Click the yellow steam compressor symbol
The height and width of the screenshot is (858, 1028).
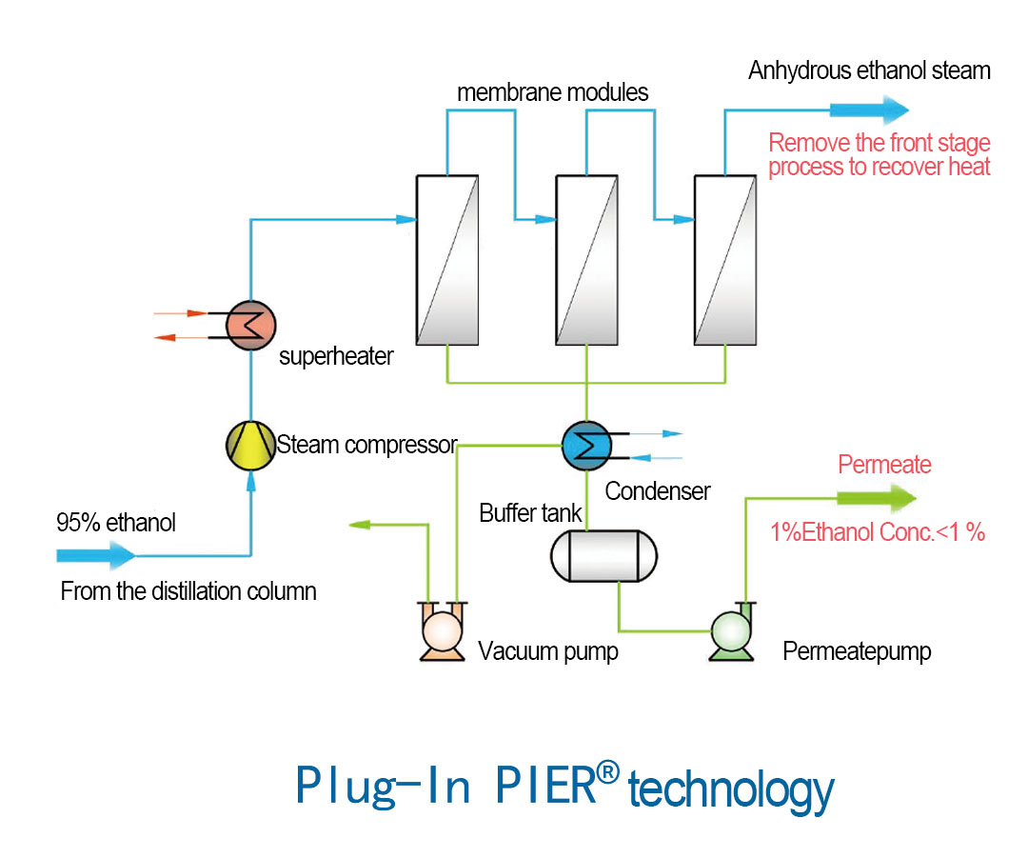[250, 445]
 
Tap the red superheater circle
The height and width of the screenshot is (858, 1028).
[250, 326]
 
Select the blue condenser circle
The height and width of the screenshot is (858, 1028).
[586, 444]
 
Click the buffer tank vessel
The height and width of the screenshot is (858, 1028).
[603, 554]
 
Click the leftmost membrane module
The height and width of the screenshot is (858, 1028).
[447, 260]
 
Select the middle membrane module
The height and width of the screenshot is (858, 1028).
[586, 260]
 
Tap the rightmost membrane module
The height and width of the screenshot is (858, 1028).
[725, 260]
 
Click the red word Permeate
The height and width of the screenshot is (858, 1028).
[884, 466]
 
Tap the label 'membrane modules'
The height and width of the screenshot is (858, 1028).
[552, 93]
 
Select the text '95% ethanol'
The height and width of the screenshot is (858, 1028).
[116, 523]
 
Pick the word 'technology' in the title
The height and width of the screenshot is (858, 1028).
[731, 790]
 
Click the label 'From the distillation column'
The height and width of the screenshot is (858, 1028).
[188, 591]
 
